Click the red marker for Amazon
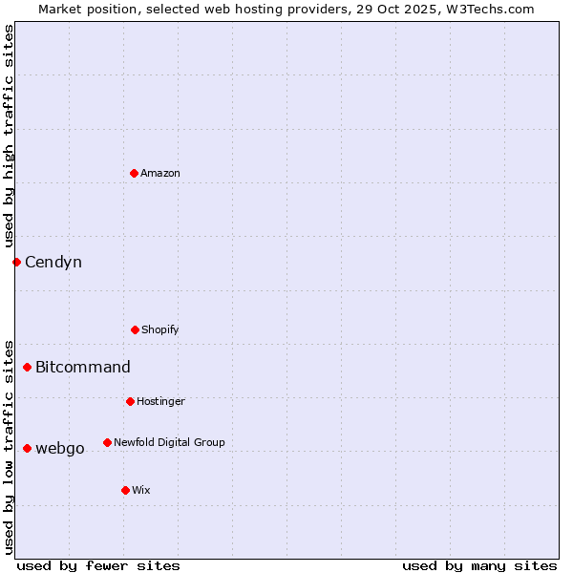[x=134, y=173]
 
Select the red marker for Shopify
[x=135, y=329]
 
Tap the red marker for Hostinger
[x=130, y=401]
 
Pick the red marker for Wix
[x=125, y=490]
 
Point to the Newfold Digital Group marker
[x=107, y=442]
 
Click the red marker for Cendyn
[x=16, y=262]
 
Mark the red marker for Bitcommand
[x=27, y=367]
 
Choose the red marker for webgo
[x=27, y=448]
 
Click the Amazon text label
[x=160, y=173]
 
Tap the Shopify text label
[x=160, y=329]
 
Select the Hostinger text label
[x=160, y=401]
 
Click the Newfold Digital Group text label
[x=169, y=442]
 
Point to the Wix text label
[x=141, y=490]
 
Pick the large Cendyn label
[x=53, y=262]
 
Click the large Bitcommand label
[x=83, y=367]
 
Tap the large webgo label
[x=60, y=448]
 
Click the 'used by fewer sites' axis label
[x=98, y=565]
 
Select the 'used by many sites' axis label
[x=479, y=565]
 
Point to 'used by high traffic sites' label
[x=9, y=136]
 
